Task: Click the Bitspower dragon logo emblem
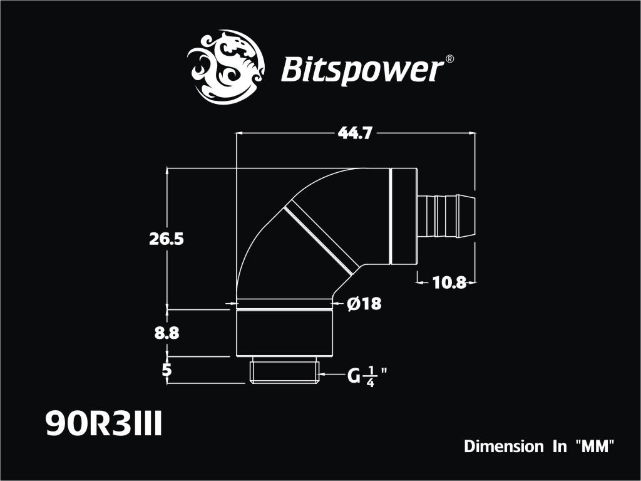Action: [225, 66]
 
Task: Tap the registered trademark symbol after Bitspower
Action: [449, 59]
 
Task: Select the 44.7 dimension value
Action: [355, 133]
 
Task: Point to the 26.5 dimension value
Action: [167, 239]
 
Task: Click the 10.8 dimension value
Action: [449, 282]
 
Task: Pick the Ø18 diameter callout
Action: [364, 304]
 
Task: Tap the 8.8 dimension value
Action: [167, 333]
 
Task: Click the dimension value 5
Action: [167, 370]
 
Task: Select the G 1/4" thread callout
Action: [367, 376]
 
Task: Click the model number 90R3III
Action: [104, 424]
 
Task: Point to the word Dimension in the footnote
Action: [504, 446]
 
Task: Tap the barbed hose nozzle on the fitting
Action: [446, 217]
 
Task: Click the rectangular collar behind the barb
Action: [404, 216]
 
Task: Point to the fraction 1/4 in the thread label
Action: [371, 377]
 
